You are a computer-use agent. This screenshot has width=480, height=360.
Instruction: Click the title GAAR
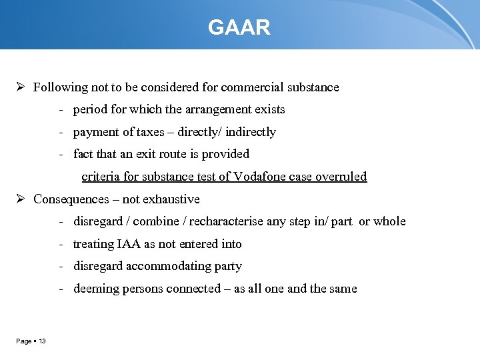tap(239, 28)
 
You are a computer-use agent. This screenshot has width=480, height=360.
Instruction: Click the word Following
tap(60, 87)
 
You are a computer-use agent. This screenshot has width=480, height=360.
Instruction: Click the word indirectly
tap(251, 132)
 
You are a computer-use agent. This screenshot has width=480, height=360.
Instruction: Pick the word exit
tap(149, 154)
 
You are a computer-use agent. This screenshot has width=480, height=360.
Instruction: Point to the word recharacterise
tap(226, 221)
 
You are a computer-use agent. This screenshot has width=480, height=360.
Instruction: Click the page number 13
tap(42, 341)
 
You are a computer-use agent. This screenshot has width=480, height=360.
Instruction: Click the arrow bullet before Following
tap(21, 87)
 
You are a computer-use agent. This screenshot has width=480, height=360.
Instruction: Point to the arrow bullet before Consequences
tap(21, 199)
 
